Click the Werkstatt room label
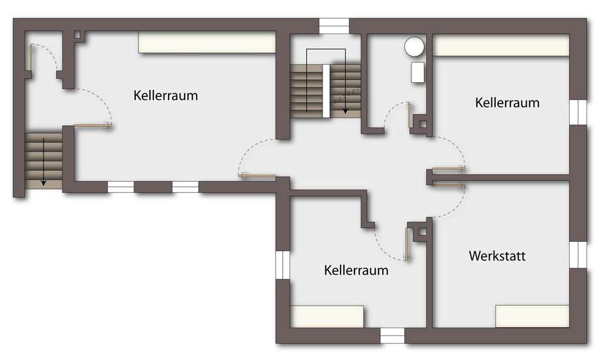click(497, 256)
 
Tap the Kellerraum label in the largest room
click(165, 95)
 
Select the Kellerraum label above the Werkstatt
click(507, 102)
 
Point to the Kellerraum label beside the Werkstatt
click(356, 271)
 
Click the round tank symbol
click(414, 46)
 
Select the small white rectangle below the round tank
click(417, 72)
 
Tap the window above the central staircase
click(334, 26)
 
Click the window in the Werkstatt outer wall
click(578, 254)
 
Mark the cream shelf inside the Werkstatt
click(532, 316)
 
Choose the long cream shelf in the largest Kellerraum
click(207, 42)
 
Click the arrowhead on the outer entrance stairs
click(44, 183)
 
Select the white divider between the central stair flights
click(326, 91)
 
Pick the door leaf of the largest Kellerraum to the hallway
click(257, 175)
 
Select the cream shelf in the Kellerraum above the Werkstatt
click(501, 45)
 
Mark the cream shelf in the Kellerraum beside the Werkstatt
click(327, 316)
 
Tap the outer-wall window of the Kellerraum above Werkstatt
click(578, 112)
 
